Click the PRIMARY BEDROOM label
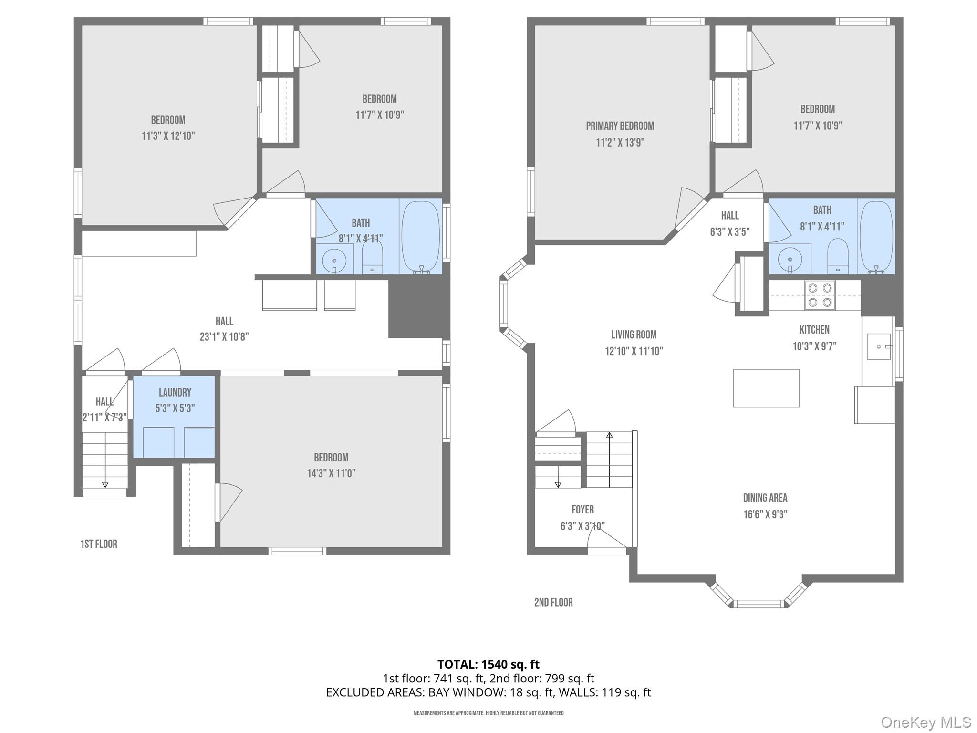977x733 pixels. click(x=620, y=126)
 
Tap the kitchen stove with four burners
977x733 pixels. click(x=820, y=295)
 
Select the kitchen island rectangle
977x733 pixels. click(x=766, y=388)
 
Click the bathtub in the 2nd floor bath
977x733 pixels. click(x=876, y=237)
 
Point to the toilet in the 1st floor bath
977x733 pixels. click(x=372, y=258)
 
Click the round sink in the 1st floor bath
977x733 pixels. click(x=334, y=261)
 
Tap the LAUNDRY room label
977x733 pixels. click(x=175, y=392)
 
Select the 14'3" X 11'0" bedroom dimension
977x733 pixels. click(x=331, y=473)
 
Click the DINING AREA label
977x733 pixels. click(x=765, y=498)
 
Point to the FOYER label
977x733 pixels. click(x=582, y=509)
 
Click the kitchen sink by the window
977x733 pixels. click(x=878, y=346)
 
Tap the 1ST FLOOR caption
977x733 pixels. click(x=99, y=544)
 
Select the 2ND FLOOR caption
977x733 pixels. click(x=553, y=602)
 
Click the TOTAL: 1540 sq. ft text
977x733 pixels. click(x=488, y=664)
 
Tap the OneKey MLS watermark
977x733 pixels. click(x=925, y=722)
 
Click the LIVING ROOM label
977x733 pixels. click(x=634, y=335)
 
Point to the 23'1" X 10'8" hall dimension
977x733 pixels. click(x=224, y=337)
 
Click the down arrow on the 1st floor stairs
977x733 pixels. click(x=105, y=484)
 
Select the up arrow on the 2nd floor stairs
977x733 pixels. click(x=609, y=435)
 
